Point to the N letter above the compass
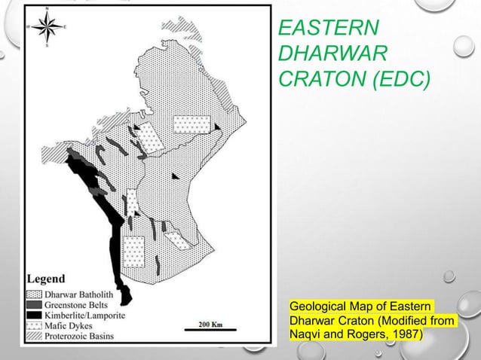point(47,10)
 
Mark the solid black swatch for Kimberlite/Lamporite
point(35,316)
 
